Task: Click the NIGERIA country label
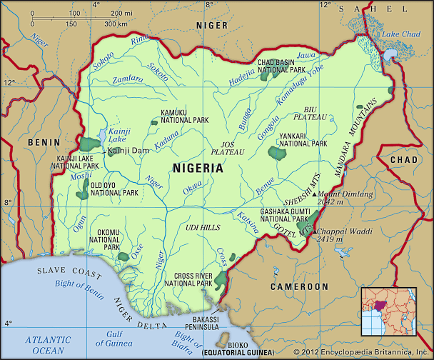pos(197,169)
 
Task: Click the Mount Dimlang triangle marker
pos(315,193)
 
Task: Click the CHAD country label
pos(404,159)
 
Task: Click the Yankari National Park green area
pos(276,152)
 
